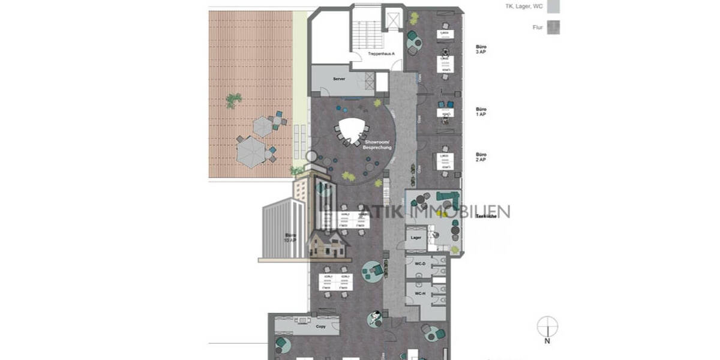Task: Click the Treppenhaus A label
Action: (x=380, y=53)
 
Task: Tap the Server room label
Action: (x=340, y=79)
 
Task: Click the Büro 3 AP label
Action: (x=481, y=50)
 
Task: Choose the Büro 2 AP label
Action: (x=481, y=157)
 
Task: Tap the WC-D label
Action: (x=420, y=265)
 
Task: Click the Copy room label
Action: (x=320, y=327)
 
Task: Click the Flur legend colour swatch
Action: (x=554, y=27)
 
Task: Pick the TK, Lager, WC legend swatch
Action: (x=554, y=7)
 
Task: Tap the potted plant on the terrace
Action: (x=233, y=100)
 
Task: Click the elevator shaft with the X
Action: (x=394, y=19)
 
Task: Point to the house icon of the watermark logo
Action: (x=328, y=242)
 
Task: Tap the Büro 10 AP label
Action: (x=290, y=238)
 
